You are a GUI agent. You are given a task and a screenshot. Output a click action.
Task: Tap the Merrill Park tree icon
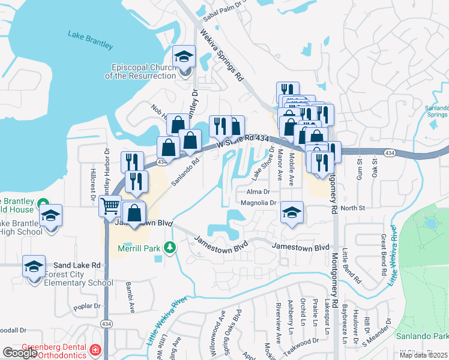(x=170, y=247)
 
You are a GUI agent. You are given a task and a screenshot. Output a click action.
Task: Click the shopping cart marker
(x=110, y=208)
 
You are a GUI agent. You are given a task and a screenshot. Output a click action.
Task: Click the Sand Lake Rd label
(x=76, y=265)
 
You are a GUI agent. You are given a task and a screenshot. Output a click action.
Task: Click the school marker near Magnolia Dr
(x=292, y=213)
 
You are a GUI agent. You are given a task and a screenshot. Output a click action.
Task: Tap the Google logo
(x=19, y=353)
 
